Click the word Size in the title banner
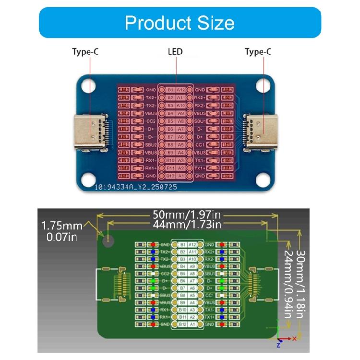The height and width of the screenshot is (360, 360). click(212, 23)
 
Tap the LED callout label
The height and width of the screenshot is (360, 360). click(175, 52)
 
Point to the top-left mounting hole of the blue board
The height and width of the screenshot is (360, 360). click(88, 85)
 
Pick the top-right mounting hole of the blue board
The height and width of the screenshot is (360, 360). click(263, 85)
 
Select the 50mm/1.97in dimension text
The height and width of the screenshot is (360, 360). click(187, 214)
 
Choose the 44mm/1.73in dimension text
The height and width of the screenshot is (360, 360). click(187, 224)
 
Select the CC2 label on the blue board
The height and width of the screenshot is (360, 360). click(151, 121)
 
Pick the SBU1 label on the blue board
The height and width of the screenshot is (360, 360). click(200, 121)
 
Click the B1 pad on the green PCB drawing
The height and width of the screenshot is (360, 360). click(182, 245)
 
